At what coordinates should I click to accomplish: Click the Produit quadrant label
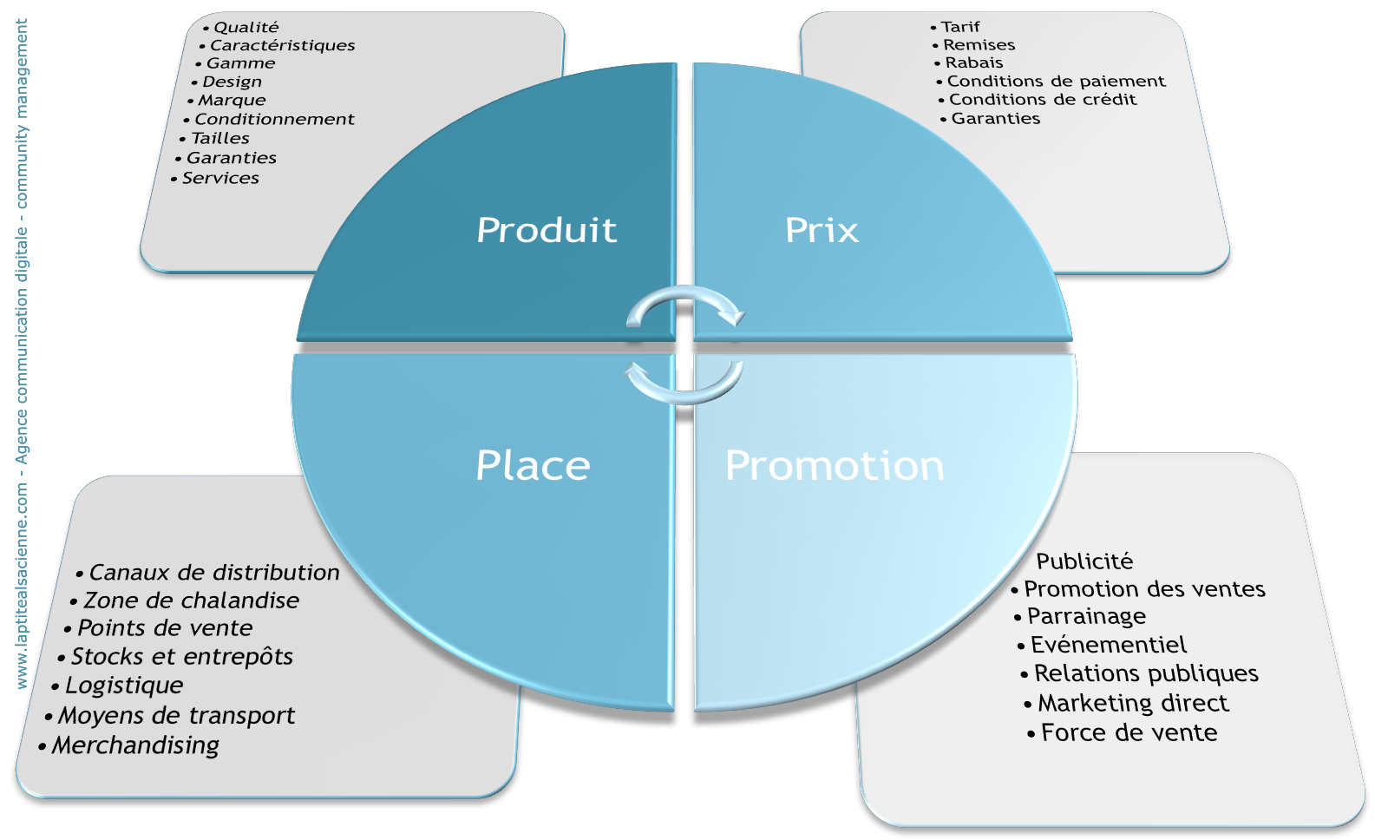547,230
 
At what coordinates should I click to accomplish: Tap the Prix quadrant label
822,230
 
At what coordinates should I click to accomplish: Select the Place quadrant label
533,465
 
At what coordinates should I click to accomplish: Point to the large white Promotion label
835,465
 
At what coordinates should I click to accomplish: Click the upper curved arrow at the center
685,303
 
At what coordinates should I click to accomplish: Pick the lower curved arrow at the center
684,384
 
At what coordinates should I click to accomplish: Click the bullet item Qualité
246,28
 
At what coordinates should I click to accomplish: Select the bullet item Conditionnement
274,119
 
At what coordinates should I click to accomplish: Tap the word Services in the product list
220,178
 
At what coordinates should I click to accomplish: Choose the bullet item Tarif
960,27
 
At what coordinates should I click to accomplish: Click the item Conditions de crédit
1042,100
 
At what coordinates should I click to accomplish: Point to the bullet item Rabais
974,62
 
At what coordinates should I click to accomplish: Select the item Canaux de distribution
213,573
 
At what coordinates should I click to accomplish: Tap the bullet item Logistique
124,686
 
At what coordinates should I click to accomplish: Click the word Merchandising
135,745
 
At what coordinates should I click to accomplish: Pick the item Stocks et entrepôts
181,657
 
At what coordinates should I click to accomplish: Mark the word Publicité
1084,561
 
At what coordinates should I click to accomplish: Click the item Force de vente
1129,733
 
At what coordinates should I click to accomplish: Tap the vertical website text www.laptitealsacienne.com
23,586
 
